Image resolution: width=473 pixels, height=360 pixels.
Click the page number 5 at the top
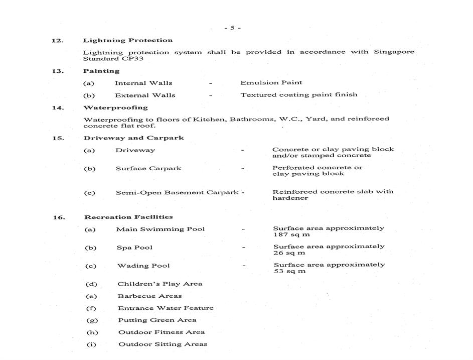[x=232, y=28]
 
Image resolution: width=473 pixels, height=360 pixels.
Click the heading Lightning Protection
[x=127, y=40]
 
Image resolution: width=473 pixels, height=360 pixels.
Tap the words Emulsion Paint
[x=271, y=82]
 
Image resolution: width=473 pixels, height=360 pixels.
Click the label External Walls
[x=145, y=95]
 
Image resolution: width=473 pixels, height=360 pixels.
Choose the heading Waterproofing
[x=115, y=107]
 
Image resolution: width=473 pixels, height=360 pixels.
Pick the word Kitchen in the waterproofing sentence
[x=210, y=119]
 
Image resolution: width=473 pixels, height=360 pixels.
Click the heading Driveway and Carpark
[x=133, y=138]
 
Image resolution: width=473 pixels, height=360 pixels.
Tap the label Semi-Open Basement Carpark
[x=177, y=192]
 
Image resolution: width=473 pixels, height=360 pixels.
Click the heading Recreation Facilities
[x=128, y=217]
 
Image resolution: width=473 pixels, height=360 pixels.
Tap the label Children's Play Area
[x=160, y=284]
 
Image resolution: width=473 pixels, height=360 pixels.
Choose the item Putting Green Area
[x=157, y=320]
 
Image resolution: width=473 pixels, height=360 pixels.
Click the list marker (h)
[x=92, y=332]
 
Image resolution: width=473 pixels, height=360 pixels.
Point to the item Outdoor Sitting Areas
[x=163, y=344]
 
